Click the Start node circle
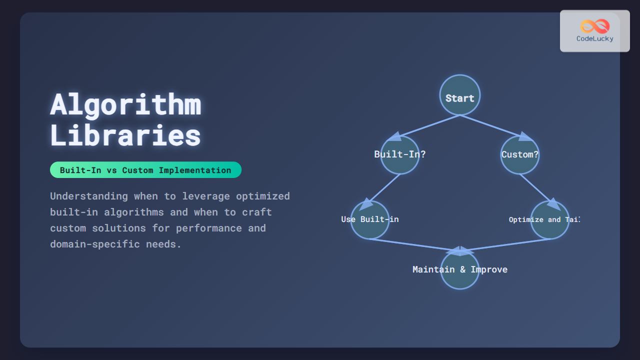tap(460, 95)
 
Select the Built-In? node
tap(400, 154)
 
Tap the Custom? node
tap(520, 154)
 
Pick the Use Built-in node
tap(370, 220)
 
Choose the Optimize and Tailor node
tap(550, 220)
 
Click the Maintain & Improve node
tap(460, 270)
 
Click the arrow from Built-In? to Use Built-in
tap(384, 188)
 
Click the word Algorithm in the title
tap(125, 105)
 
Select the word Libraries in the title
tap(125, 135)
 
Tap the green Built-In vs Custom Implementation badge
tap(145, 170)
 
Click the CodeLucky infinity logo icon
tap(594, 26)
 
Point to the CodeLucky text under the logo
tap(594, 39)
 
